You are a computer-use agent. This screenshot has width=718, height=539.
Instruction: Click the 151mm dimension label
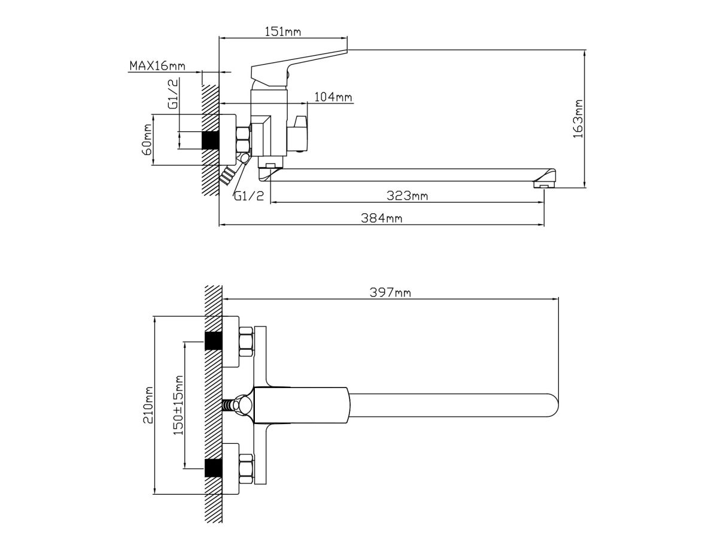pyautogui.click(x=282, y=32)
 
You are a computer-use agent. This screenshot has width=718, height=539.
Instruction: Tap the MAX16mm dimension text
pyautogui.click(x=157, y=66)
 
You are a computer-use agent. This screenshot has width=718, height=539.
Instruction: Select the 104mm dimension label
pyautogui.click(x=333, y=97)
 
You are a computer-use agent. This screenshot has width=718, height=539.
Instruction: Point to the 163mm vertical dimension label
pyautogui.click(x=578, y=119)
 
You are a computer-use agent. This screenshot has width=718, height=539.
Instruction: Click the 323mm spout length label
pyautogui.click(x=407, y=196)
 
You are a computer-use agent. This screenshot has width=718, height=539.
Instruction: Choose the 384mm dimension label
pyautogui.click(x=381, y=218)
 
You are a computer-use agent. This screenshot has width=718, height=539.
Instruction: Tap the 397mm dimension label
pyautogui.click(x=390, y=293)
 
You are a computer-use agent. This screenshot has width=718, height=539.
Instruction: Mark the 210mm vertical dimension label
pyautogui.click(x=148, y=405)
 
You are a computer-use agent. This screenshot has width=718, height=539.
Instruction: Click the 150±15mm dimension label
pyautogui.click(x=178, y=405)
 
